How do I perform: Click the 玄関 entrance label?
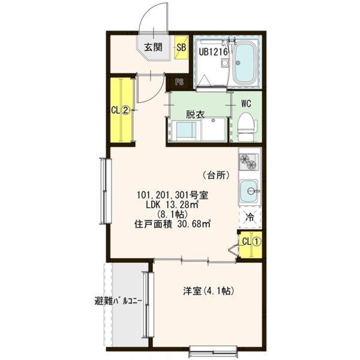pyautogui.click(x=153, y=47)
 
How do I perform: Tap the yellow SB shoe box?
pyautogui.click(x=181, y=47)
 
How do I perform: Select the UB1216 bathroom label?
pyautogui.click(x=213, y=52)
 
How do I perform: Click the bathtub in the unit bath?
pyautogui.click(x=245, y=64)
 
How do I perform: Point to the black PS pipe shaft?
pyautogui.click(x=179, y=82)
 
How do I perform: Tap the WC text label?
pyautogui.click(x=246, y=104)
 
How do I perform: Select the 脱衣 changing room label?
pyautogui.click(x=196, y=115)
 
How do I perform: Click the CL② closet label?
pyautogui.click(x=121, y=110)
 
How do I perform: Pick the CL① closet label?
pyautogui.click(x=251, y=242)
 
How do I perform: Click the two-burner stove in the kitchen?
pyautogui.click(x=249, y=161)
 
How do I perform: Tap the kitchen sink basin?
pyautogui.click(x=248, y=191)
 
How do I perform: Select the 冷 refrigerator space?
pyautogui.click(x=250, y=217)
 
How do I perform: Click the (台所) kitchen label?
pyautogui.click(x=216, y=175)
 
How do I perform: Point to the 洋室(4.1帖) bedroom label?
pyautogui.click(x=208, y=291)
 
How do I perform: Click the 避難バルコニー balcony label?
pyautogui.click(x=118, y=301)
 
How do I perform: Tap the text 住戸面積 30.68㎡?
pyautogui.click(x=172, y=224)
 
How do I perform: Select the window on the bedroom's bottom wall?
pyautogui.click(x=213, y=352)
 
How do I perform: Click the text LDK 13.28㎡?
pyautogui.click(x=172, y=205)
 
